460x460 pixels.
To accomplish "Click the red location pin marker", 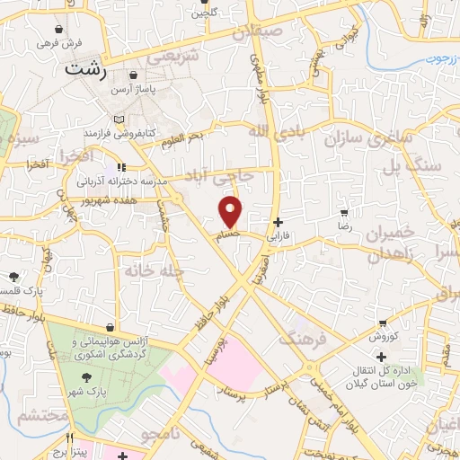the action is coord(231,211).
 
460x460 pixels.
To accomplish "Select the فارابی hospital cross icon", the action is coord(279,221).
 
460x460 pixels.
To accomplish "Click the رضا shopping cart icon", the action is coord(343,213).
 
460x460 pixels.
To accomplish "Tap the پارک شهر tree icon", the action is coord(86,378).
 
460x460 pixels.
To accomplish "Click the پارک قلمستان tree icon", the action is coord(13,276).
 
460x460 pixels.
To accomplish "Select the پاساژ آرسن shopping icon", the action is coord(134,76).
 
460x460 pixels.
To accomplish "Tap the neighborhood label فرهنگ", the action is coord(297,340).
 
